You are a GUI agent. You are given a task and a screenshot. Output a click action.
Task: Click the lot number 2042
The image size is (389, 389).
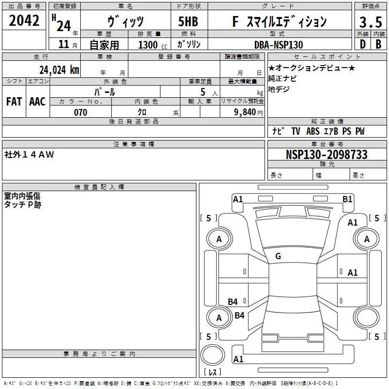point(24,20)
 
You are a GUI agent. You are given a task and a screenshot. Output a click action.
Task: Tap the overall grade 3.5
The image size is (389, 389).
point(371,22)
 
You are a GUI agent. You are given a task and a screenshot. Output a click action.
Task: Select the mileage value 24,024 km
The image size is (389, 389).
point(59,70)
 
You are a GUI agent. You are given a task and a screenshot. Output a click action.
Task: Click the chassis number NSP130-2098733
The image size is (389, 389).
point(326,154)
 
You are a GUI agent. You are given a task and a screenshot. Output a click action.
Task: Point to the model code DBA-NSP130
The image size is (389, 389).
point(279,45)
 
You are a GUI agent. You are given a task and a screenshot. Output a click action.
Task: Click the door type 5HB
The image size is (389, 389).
point(188,21)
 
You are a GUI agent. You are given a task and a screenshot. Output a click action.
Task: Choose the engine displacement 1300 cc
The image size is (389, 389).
point(153,45)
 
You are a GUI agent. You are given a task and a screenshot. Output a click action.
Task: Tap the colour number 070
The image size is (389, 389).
point(81,112)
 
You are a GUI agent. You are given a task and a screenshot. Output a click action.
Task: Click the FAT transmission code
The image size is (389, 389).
point(14,102)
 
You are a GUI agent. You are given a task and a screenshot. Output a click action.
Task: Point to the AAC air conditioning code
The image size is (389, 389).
point(37,102)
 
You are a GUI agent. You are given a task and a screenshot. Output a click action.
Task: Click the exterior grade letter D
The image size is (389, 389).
point(363,44)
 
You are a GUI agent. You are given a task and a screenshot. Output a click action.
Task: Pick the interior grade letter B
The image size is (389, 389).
point(379,44)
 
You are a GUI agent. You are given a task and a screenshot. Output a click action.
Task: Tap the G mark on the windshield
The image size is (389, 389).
point(278,256)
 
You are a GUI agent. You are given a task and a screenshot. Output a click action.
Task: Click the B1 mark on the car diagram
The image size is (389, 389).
point(347,199)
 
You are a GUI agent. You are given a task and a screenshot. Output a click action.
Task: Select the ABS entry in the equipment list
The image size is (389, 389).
point(313,131)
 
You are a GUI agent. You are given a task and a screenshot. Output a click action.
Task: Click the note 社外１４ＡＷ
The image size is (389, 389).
point(29,155)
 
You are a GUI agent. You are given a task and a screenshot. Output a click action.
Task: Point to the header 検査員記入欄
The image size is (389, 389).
point(99,187)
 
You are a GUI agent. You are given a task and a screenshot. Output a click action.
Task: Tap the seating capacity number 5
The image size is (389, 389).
point(203,92)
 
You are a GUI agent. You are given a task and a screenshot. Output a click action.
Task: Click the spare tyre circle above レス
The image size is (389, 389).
point(212,355)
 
